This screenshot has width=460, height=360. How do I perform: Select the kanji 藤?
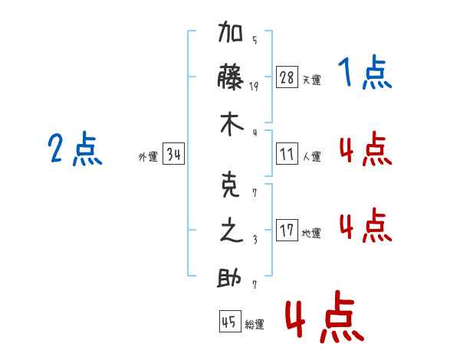pyautogui.click(x=232, y=78)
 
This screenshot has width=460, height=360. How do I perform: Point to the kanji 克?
pyautogui.click(x=232, y=187)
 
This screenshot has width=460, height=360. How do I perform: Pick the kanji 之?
pyautogui.click(x=232, y=231)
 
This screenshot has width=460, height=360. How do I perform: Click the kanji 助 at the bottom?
pyautogui.click(x=232, y=277)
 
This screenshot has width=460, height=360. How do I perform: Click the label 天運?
pyautogui.click(x=311, y=80)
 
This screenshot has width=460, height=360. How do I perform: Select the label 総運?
pyautogui.click(x=255, y=325)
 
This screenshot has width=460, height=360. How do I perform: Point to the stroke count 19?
pyautogui.click(x=254, y=87)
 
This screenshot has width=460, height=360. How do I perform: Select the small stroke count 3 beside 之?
pyautogui.click(x=254, y=240)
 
